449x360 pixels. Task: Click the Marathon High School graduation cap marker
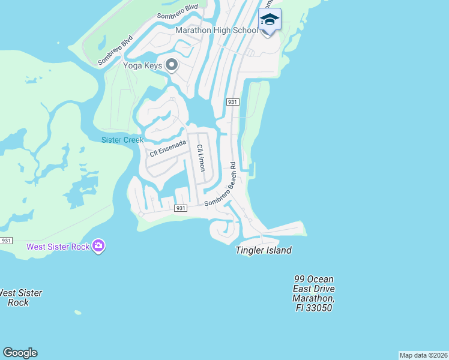(270, 20)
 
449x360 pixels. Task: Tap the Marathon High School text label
(217, 30)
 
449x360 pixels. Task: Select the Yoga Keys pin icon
(172, 65)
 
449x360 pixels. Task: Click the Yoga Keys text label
(142, 65)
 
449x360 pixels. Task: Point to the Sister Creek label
(122, 140)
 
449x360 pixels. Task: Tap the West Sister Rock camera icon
(99, 246)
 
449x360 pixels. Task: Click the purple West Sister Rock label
(58, 247)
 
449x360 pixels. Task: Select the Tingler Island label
(264, 250)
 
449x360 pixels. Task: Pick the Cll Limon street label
(200, 157)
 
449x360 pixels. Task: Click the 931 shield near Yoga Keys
(233, 103)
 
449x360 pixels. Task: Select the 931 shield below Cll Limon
(180, 208)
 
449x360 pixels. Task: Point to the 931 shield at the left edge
(5, 241)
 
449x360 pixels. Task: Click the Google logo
(20, 353)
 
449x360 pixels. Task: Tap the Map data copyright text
(423, 355)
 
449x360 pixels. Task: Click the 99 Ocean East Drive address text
(313, 293)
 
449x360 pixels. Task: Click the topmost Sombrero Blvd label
(178, 12)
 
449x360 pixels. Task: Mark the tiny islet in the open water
(77, 312)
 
